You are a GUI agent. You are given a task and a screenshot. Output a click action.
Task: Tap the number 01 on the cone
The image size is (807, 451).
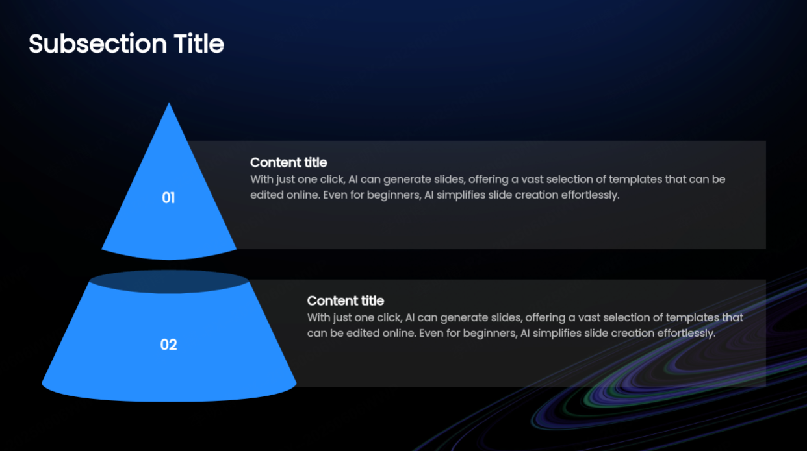(x=168, y=198)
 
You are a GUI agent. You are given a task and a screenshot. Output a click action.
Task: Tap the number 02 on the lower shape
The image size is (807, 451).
(x=168, y=345)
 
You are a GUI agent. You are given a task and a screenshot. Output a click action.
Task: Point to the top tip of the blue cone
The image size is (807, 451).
(x=170, y=104)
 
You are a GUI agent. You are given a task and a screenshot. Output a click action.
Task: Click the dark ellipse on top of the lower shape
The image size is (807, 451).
(x=169, y=282)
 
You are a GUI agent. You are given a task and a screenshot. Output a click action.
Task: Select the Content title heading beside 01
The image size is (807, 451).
(x=288, y=162)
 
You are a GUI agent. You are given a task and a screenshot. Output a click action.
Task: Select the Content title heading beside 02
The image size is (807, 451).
(x=345, y=300)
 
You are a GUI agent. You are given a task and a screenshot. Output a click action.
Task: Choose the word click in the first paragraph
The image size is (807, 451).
(x=331, y=179)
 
